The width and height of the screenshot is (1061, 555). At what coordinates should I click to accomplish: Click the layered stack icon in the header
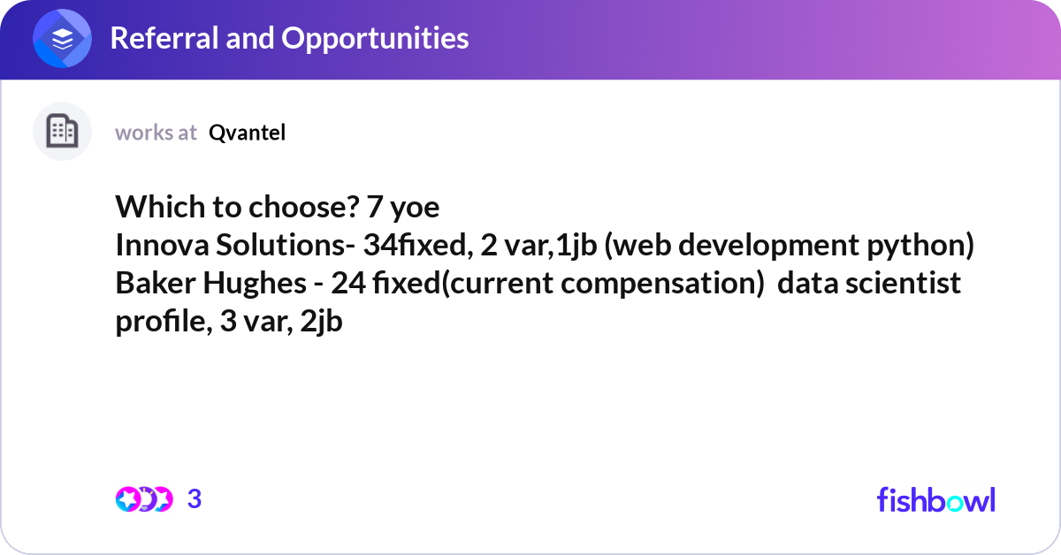[62, 38]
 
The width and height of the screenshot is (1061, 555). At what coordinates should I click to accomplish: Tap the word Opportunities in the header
[375, 39]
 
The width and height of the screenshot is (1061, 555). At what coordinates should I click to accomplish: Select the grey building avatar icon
[62, 131]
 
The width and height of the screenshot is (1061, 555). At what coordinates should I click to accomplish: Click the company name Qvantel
[247, 133]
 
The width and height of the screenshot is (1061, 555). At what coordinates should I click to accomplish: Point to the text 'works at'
[156, 133]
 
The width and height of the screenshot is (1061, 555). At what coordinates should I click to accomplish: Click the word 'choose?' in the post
[303, 207]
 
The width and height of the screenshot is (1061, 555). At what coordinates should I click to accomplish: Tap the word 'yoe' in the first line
[415, 209]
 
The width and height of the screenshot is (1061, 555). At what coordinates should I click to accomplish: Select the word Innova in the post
[162, 246]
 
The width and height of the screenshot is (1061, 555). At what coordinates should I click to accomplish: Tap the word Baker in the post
[156, 283]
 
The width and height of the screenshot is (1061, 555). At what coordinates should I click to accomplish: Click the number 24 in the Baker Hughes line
[348, 283]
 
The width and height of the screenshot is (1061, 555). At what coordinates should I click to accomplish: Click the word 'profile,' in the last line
[164, 322]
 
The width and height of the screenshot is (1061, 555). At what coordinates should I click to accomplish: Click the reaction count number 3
[195, 499]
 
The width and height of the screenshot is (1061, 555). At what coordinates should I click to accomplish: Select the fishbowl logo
[936, 500]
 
